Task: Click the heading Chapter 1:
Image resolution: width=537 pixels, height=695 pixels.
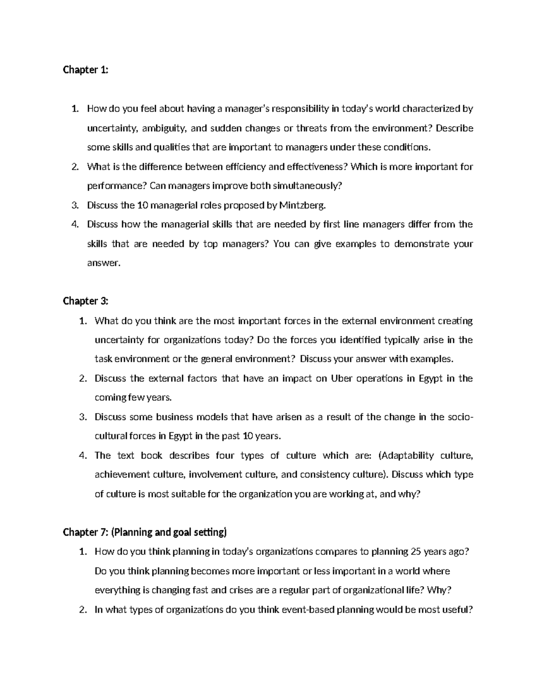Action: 85,70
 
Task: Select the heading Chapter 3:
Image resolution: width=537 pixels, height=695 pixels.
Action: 85,301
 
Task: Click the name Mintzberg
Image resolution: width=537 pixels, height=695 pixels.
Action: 299,205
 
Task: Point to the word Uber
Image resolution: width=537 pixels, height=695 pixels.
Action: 341,379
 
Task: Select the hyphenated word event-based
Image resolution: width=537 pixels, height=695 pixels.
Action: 307,610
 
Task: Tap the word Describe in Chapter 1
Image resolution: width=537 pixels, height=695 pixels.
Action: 454,128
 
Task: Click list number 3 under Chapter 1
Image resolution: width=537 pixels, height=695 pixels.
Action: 75,205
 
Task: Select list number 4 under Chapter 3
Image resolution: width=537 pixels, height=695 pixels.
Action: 83,456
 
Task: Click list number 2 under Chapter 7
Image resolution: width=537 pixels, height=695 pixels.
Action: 83,610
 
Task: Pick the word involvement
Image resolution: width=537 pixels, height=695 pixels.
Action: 217,474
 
